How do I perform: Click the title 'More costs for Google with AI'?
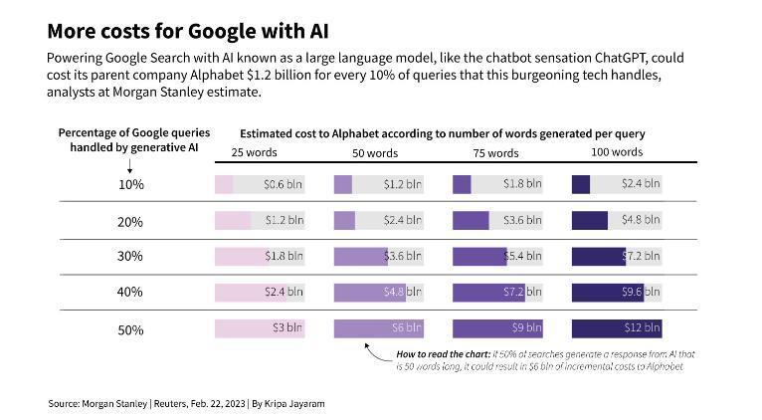click(x=188, y=31)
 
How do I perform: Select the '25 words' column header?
click(x=254, y=152)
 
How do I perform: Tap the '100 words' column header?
click(x=617, y=152)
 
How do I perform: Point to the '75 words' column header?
click(x=495, y=153)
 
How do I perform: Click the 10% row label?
click(x=131, y=185)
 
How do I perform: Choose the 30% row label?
click(x=130, y=256)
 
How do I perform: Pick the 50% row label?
click(x=130, y=330)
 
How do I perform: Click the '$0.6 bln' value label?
click(x=283, y=185)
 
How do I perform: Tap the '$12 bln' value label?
click(x=642, y=328)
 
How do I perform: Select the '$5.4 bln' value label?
click(x=522, y=256)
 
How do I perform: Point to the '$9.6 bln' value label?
click(x=641, y=293)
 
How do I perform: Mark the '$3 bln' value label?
click(x=287, y=328)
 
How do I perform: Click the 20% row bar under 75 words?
click(x=471, y=221)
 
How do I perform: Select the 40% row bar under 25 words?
click(x=251, y=293)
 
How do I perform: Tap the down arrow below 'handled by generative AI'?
click(x=129, y=166)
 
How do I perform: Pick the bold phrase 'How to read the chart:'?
click(x=444, y=354)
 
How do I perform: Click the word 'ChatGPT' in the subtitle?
click(x=621, y=58)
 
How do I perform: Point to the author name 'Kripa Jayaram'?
click(x=294, y=404)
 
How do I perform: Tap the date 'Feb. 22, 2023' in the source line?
click(x=218, y=404)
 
